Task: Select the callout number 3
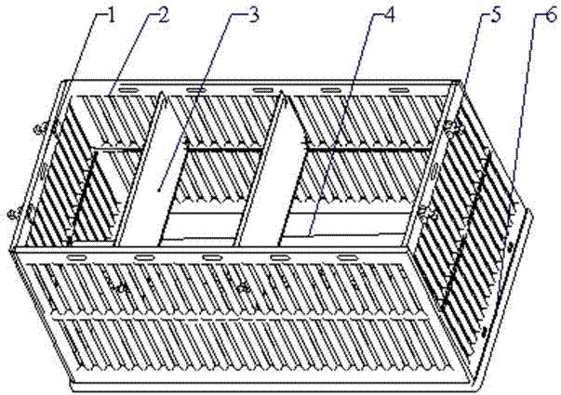coord(253,16)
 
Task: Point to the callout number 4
coord(389,16)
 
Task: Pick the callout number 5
coord(495,16)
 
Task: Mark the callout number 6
coord(552,14)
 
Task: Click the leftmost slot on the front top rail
coord(76,257)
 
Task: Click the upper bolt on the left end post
coord(41,127)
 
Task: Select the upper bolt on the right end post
coord(451,126)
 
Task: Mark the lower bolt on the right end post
coord(427,215)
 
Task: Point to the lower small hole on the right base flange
coord(485,331)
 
